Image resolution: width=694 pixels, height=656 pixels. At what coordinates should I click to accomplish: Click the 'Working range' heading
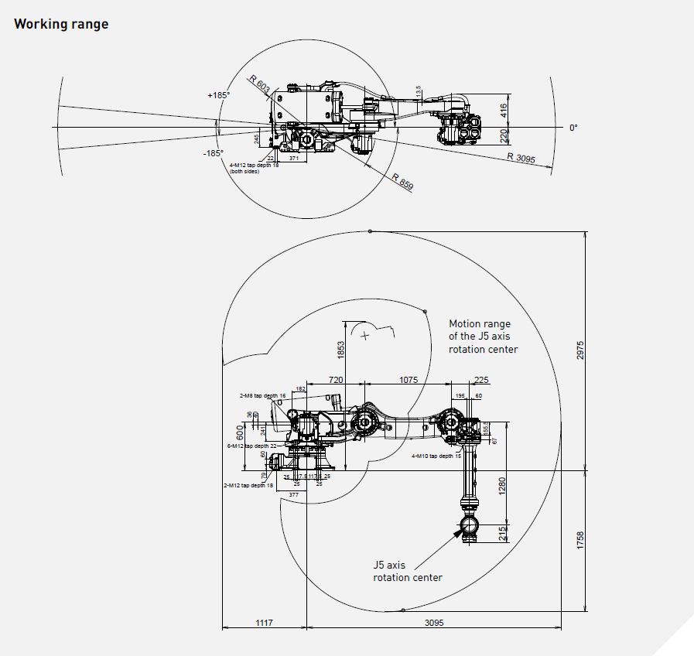[61, 24]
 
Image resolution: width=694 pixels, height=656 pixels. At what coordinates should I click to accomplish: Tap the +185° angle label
[218, 95]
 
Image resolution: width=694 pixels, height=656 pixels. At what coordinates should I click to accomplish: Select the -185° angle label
[214, 153]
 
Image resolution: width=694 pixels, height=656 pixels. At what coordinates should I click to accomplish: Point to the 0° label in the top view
[573, 128]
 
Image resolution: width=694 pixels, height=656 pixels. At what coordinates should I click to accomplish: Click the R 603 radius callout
[259, 84]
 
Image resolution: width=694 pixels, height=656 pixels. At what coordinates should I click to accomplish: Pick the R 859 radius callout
[403, 183]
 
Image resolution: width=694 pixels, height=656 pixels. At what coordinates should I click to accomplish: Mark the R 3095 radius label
[521, 158]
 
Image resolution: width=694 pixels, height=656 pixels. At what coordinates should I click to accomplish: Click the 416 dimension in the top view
[504, 110]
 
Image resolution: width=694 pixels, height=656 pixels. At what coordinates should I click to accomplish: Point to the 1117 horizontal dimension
[265, 622]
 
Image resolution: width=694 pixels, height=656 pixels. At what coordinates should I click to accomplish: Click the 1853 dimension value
[340, 350]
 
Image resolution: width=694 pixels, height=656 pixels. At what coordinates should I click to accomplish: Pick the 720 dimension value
[336, 381]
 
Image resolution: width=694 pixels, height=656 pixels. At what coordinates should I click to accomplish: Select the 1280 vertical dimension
[501, 487]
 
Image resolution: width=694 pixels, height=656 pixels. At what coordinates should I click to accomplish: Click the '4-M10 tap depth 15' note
[436, 456]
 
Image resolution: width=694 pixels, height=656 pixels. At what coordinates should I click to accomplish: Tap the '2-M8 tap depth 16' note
[262, 395]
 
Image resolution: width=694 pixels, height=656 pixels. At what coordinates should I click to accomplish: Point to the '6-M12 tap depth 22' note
[252, 446]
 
